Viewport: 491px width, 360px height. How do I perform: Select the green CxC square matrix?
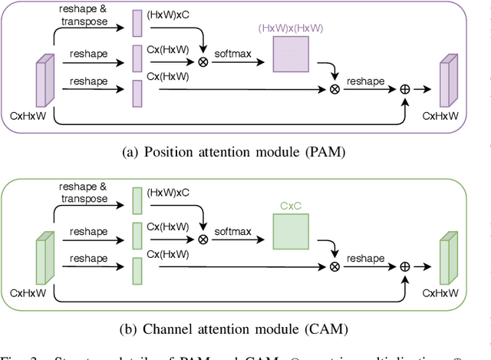pos(291,230)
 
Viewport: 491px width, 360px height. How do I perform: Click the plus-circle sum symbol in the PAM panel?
pos(405,90)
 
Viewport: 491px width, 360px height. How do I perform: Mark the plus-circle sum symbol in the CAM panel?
pos(405,266)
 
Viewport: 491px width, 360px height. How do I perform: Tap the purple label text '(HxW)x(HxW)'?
pos(291,28)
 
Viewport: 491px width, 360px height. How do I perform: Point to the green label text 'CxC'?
pos(291,206)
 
